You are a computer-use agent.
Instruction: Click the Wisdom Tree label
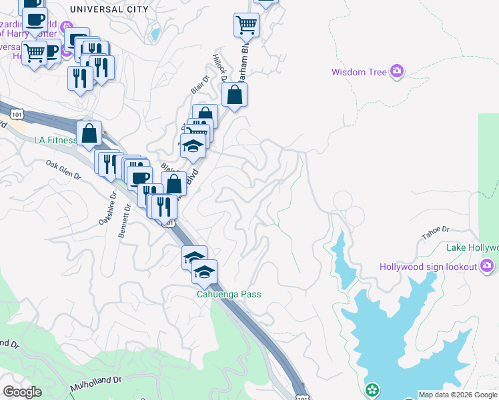(359, 72)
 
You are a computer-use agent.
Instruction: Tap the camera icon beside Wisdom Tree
(398, 71)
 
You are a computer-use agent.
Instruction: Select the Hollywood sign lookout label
(428, 267)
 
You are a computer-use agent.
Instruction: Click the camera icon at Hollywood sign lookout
(487, 267)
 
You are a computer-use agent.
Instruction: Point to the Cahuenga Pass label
(227, 294)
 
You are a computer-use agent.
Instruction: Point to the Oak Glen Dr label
(63, 170)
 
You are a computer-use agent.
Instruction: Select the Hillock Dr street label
(219, 68)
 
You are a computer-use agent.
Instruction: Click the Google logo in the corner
(23, 392)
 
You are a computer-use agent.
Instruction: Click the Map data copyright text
(458, 395)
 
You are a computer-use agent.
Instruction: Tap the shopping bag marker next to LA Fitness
(89, 133)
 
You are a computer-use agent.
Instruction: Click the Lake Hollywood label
(472, 248)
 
